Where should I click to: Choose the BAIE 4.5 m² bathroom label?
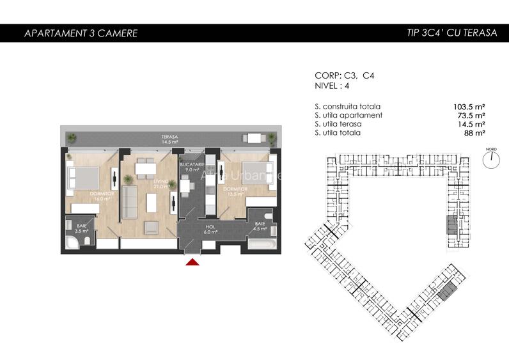click(260, 225)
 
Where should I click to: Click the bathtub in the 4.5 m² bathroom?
click(262, 246)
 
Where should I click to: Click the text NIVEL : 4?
click(333, 85)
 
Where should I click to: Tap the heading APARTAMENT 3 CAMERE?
click(81, 33)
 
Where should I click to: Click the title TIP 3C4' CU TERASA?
click(451, 33)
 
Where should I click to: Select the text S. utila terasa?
click(338, 124)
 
